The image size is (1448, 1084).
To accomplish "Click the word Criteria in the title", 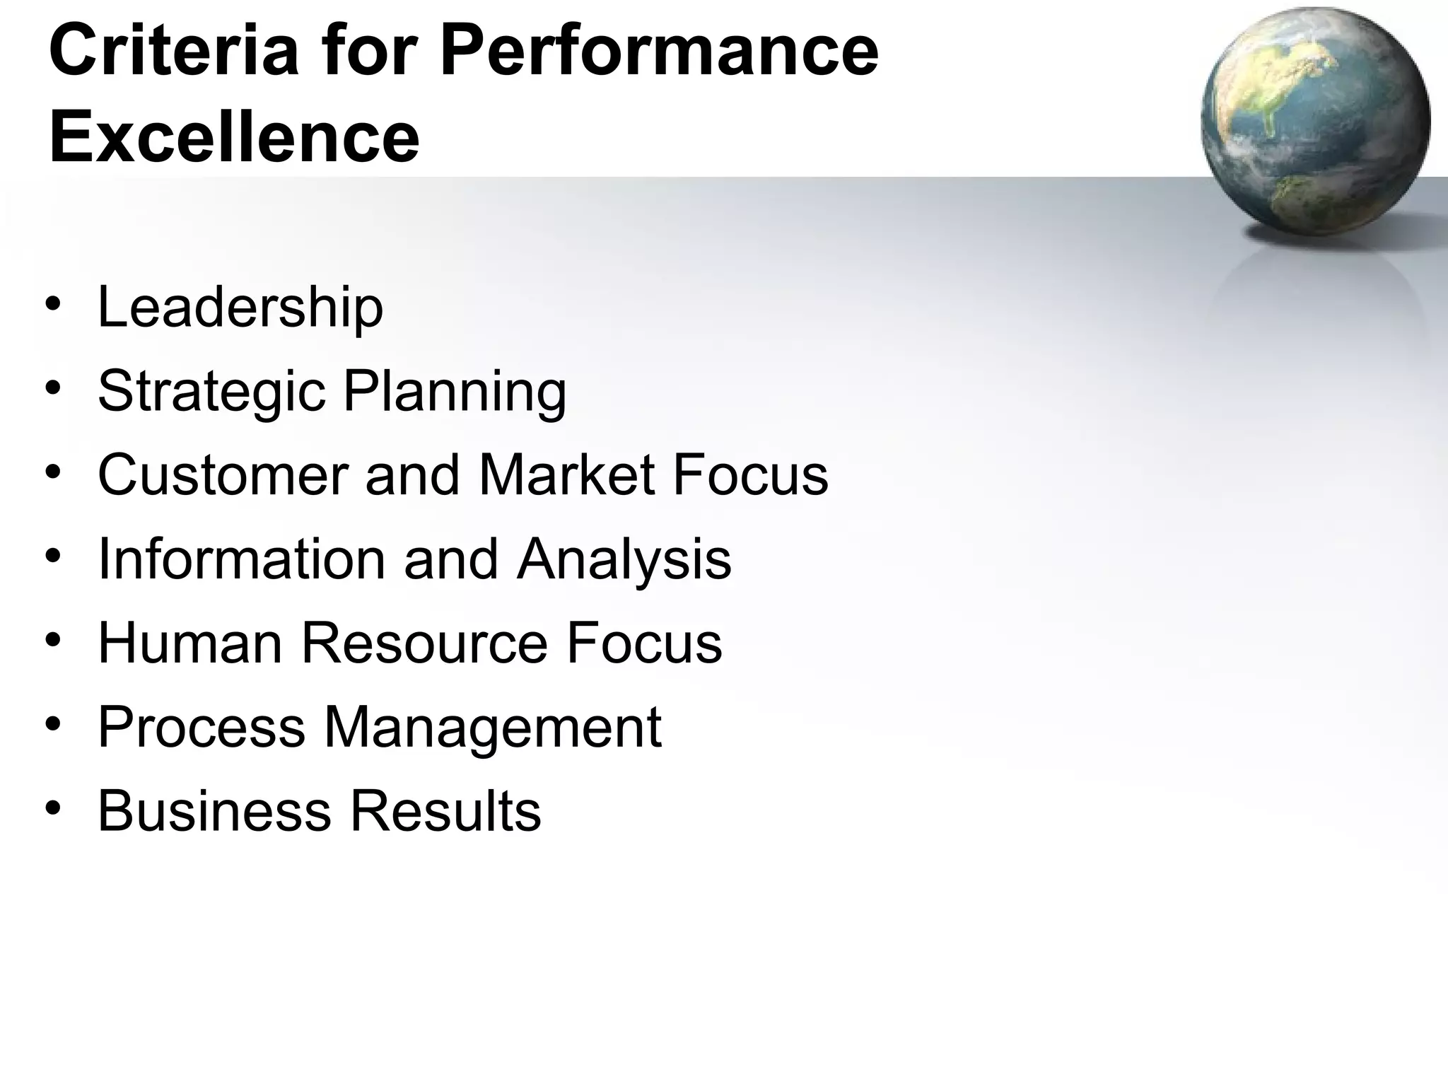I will tap(174, 51).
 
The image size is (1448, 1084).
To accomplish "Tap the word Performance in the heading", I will tap(659, 51).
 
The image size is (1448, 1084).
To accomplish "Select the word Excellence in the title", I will tap(234, 136).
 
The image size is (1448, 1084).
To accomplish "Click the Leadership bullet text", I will tap(240, 308).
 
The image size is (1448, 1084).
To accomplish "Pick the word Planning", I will tap(455, 392).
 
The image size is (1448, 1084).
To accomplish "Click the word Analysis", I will tap(624, 559).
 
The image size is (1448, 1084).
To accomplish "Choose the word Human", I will tap(190, 643).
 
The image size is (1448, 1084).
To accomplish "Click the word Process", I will tap(202, 727).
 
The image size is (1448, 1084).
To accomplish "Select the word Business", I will tap(214, 811).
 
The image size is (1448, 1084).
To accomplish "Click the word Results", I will tap(445, 811).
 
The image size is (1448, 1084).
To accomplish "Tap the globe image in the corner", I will tap(1315, 120).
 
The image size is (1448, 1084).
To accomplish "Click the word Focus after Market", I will tap(750, 475).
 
